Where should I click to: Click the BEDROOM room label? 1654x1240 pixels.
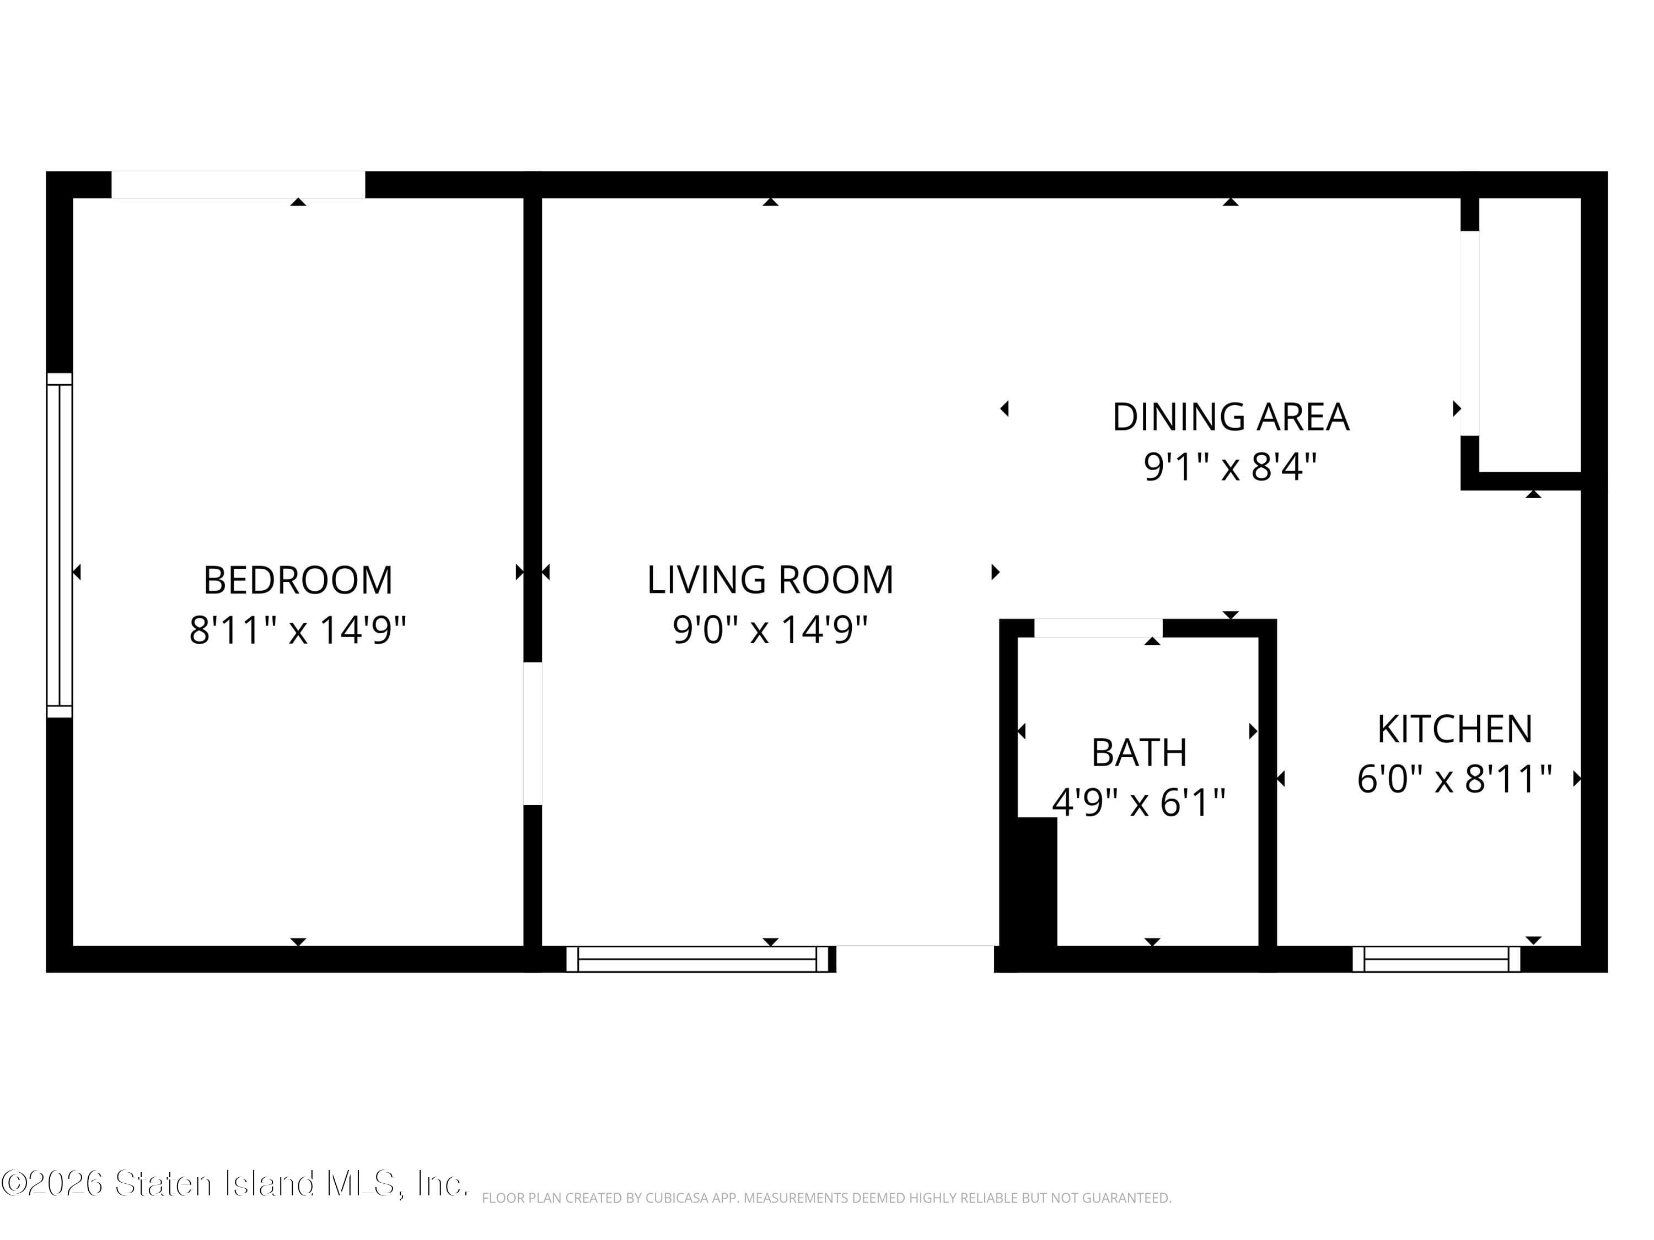pyautogui.click(x=298, y=580)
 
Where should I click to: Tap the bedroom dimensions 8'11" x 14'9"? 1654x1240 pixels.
pyautogui.click(x=298, y=629)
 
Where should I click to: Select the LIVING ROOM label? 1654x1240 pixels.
pyautogui.click(x=770, y=580)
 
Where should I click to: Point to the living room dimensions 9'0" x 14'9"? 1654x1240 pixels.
pyautogui.click(x=770, y=629)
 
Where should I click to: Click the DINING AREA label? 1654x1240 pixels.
pyautogui.click(x=1231, y=417)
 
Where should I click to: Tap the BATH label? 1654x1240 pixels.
pyautogui.click(x=1139, y=753)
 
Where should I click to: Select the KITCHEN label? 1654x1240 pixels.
pyautogui.click(x=1455, y=730)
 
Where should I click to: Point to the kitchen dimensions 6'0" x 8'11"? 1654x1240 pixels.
pyautogui.click(x=1455, y=779)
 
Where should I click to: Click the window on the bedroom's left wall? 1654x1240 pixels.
pyautogui.click(x=60, y=546)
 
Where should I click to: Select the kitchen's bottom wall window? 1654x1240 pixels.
pyautogui.click(x=1436, y=959)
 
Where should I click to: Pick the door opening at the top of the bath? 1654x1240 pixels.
pyautogui.click(x=1098, y=628)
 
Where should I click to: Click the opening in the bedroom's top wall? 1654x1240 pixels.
pyautogui.click(x=239, y=185)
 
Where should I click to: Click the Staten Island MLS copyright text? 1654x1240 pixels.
pyautogui.click(x=235, y=1183)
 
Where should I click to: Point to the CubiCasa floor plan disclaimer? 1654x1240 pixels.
pyautogui.click(x=826, y=1198)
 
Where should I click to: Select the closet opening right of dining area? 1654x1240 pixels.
pyautogui.click(x=1470, y=333)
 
